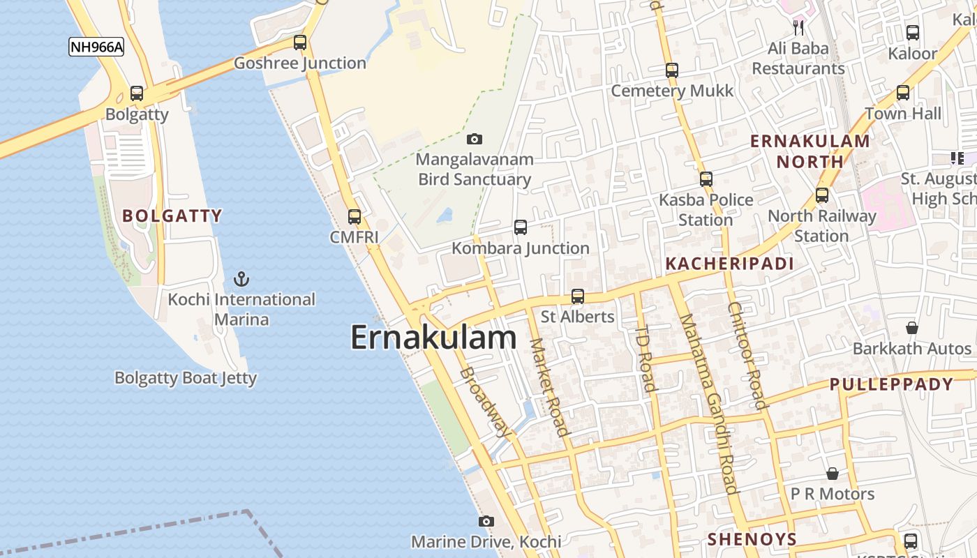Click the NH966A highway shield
[96, 47]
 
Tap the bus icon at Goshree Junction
[300, 43]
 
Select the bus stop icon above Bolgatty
[137, 93]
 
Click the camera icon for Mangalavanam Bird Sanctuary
[475, 139]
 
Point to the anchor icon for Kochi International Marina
[241, 280]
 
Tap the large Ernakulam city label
[433, 338]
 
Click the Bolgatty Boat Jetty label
[186, 378]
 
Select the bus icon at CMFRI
[355, 217]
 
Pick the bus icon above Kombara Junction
[521, 227]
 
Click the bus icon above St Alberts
[578, 296]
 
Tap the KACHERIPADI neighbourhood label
[729, 264]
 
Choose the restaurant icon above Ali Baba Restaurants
[799, 28]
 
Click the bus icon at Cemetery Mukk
[672, 70]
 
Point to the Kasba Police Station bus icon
[706, 179]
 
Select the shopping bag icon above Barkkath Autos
[912, 327]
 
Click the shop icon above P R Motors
[833, 474]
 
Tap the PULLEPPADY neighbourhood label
[891, 384]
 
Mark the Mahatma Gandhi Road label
[708, 404]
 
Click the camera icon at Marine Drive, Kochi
[486, 521]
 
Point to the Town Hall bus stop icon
[903, 93]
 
